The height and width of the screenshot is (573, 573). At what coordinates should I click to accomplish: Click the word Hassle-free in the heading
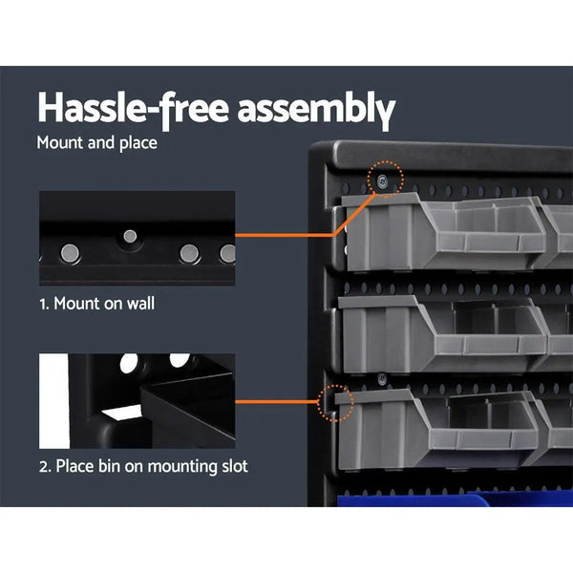click(x=129, y=108)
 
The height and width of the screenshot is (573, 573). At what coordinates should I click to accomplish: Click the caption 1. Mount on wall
click(x=96, y=305)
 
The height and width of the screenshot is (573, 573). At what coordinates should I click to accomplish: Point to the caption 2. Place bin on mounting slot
click(x=143, y=467)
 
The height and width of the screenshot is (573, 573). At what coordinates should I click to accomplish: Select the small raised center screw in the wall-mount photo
click(x=130, y=235)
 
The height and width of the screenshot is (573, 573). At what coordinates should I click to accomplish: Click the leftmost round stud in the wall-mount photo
click(x=70, y=252)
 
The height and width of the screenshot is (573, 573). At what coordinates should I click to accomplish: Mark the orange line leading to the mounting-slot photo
click(x=282, y=402)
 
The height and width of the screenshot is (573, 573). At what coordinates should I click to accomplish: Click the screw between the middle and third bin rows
click(x=381, y=378)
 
